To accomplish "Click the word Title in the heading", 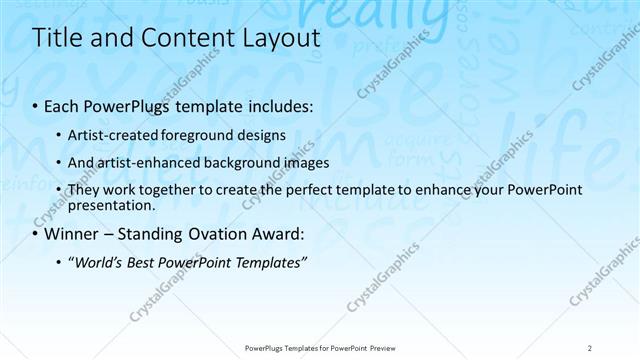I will tap(57, 39).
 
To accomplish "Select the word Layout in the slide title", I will tap(278, 39).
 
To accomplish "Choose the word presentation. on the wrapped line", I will tap(111, 205).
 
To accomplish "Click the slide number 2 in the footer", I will tap(590, 348).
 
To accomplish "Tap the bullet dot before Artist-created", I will tap(60, 134).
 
